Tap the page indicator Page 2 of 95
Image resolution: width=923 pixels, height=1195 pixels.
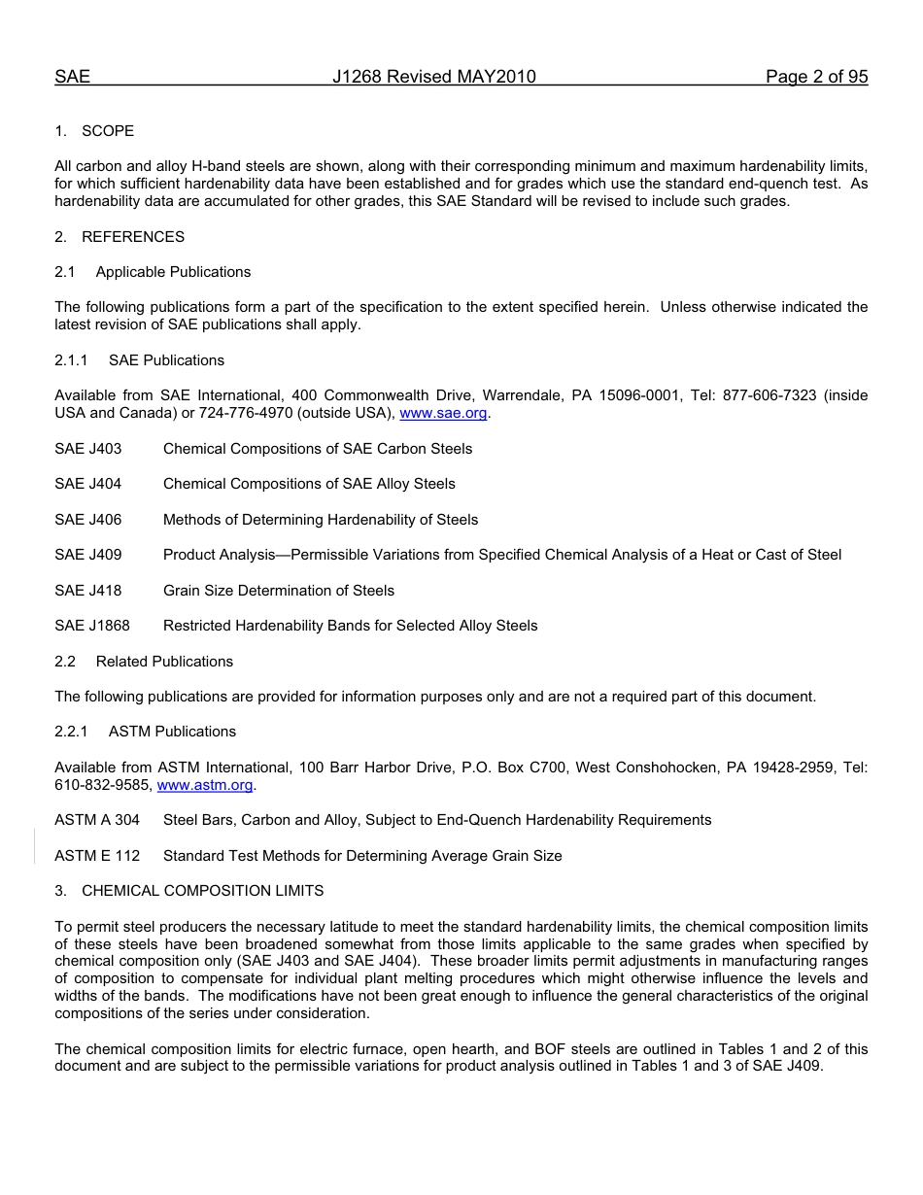[816, 78]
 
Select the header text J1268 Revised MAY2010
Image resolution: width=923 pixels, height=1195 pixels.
[433, 78]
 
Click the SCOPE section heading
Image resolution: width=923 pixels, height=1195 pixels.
[108, 131]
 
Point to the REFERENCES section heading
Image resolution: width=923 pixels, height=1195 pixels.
[132, 237]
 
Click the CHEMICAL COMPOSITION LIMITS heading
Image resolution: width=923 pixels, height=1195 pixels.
[202, 891]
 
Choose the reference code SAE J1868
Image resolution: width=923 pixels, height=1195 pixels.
[92, 626]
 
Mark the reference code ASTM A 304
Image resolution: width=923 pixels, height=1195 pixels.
[97, 820]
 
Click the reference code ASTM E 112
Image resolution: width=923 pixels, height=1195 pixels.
[97, 856]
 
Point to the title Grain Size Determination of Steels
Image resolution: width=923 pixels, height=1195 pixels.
[279, 591]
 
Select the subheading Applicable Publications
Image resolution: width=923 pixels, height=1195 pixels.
[173, 272]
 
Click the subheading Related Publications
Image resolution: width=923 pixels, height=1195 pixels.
[164, 662]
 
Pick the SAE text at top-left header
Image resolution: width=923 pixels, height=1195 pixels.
[72, 78]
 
